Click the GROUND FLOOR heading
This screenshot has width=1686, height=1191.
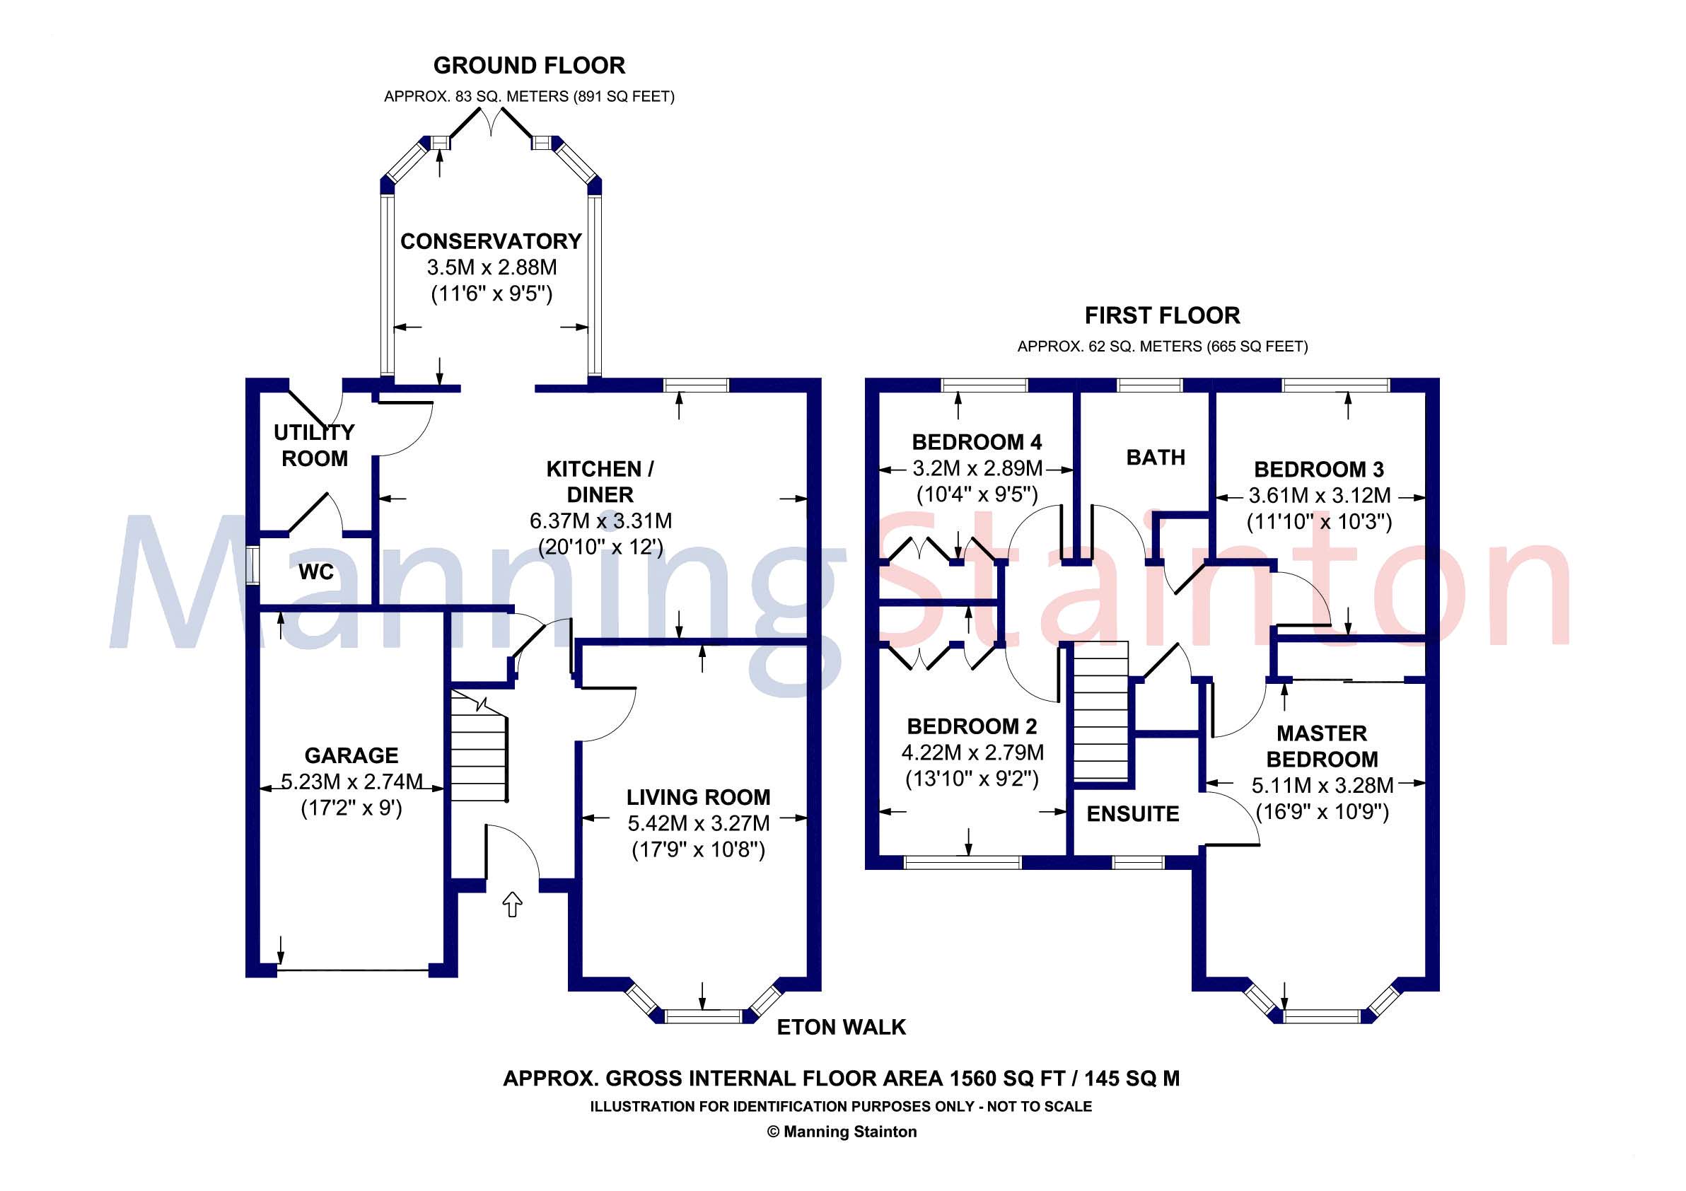point(529,66)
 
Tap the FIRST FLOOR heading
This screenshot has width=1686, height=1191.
point(1162,315)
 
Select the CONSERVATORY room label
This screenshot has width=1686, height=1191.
point(491,242)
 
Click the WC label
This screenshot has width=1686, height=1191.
point(315,572)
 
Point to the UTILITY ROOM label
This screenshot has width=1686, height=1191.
point(314,445)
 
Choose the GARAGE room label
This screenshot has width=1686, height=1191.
point(351,755)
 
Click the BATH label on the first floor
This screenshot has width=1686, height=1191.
point(1155,458)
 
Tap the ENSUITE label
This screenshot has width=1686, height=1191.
point(1132,813)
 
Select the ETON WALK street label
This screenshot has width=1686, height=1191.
point(841,1027)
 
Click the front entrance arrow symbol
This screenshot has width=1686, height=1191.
point(512,905)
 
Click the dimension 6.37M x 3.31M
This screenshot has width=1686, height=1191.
point(600,521)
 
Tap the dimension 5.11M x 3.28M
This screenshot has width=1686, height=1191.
point(1322,786)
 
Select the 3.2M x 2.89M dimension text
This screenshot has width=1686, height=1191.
point(977,468)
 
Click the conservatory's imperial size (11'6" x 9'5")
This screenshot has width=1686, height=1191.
point(491,294)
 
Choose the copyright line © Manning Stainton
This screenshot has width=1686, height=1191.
point(842,1132)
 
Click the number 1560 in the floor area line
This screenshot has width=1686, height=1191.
point(973,1079)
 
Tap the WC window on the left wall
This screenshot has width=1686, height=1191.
point(252,565)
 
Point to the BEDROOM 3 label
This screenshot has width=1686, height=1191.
point(1318,469)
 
